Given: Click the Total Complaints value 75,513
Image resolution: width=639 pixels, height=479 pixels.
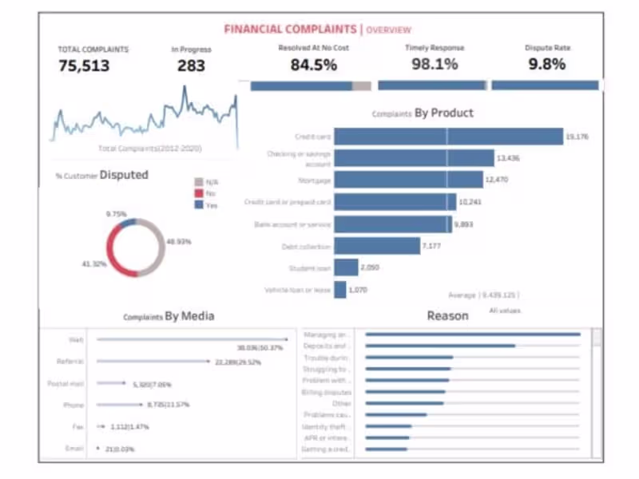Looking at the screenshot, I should pyautogui.click(x=84, y=66).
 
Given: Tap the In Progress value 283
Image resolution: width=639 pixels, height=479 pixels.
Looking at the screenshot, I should pyautogui.click(x=191, y=66).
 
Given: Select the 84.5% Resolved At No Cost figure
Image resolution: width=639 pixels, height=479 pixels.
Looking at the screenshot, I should pyautogui.click(x=313, y=65).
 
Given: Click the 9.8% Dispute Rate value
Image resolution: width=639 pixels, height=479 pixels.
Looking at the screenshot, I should pyautogui.click(x=547, y=65).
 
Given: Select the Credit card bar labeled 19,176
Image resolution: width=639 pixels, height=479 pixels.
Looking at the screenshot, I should pyautogui.click(x=448, y=137).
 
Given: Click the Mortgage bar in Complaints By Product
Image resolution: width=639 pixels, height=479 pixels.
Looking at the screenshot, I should pyautogui.click(x=408, y=180).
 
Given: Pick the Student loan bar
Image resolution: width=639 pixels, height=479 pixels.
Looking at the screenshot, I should pyautogui.click(x=346, y=267).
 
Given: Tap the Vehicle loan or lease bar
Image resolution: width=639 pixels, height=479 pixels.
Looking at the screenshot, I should pyautogui.click(x=340, y=290).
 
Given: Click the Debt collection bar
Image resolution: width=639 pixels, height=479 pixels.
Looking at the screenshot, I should pyautogui.click(x=377, y=246).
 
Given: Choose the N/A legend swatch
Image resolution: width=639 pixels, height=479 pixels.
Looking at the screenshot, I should pyautogui.click(x=199, y=182).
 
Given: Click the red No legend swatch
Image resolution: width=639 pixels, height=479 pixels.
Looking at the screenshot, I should pyautogui.click(x=199, y=193).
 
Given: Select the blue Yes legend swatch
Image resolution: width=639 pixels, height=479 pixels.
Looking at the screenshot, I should pyautogui.click(x=199, y=204).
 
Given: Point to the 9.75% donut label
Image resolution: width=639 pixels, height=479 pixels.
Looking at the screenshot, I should pyautogui.click(x=117, y=215).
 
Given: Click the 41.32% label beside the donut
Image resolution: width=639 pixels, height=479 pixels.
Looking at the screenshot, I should pyautogui.click(x=93, y=264).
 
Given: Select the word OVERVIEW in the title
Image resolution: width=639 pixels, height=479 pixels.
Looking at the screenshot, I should pyautogui.click(x=389, y=30).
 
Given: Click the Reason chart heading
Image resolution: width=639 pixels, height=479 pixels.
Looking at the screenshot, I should pyautogui.click(x=447, y=316).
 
